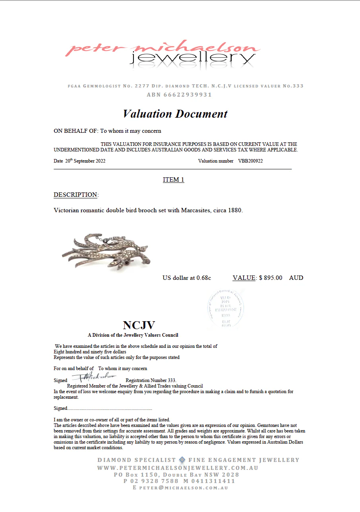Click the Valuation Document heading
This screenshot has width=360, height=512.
[x=175, y=114]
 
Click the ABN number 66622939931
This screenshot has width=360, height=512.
[x=179, y=95]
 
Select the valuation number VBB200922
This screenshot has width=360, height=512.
[x=250, y=161]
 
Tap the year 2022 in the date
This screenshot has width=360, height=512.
[x=100, y=161]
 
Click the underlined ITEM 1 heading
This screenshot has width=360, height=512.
[x=173, y=180]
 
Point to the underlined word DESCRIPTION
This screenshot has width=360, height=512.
[x=75, y=195]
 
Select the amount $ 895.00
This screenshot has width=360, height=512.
[x=271, y=278]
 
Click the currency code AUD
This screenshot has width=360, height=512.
[x=296, y=278]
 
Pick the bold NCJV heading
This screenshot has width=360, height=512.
[x=139, y=325]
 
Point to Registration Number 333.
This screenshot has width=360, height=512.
[x=151, y=380]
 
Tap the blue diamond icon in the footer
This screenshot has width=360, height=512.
[x=182, y=460]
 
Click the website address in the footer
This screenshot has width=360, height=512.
[x=178, y=468]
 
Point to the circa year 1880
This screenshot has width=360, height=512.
[x=235, y=210]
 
